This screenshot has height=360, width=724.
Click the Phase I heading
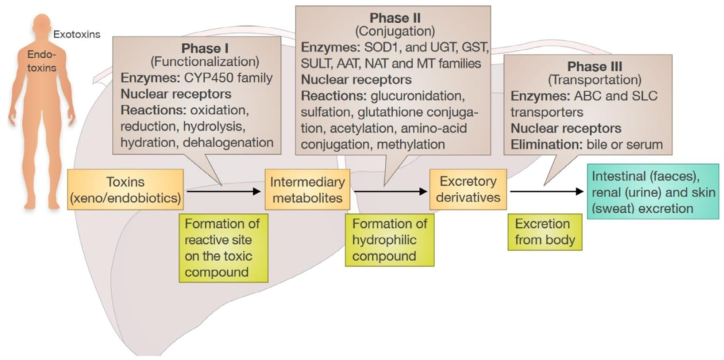click(x=206, y=49)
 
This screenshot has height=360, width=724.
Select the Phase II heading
click(x=394, y=17)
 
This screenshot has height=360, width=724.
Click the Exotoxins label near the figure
click(x=76, y=34)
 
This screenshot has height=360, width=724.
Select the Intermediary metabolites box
click(x=308, y=189)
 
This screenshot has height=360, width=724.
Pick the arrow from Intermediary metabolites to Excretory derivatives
click(x=390, y=191)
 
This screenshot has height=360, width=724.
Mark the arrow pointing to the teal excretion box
click(x=546, y=191)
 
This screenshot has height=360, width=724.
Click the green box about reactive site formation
click(x=223, y=247)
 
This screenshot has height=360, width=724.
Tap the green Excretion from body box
click(x=544, y=231)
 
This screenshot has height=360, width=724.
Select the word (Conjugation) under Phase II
click(x=394, y=32)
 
